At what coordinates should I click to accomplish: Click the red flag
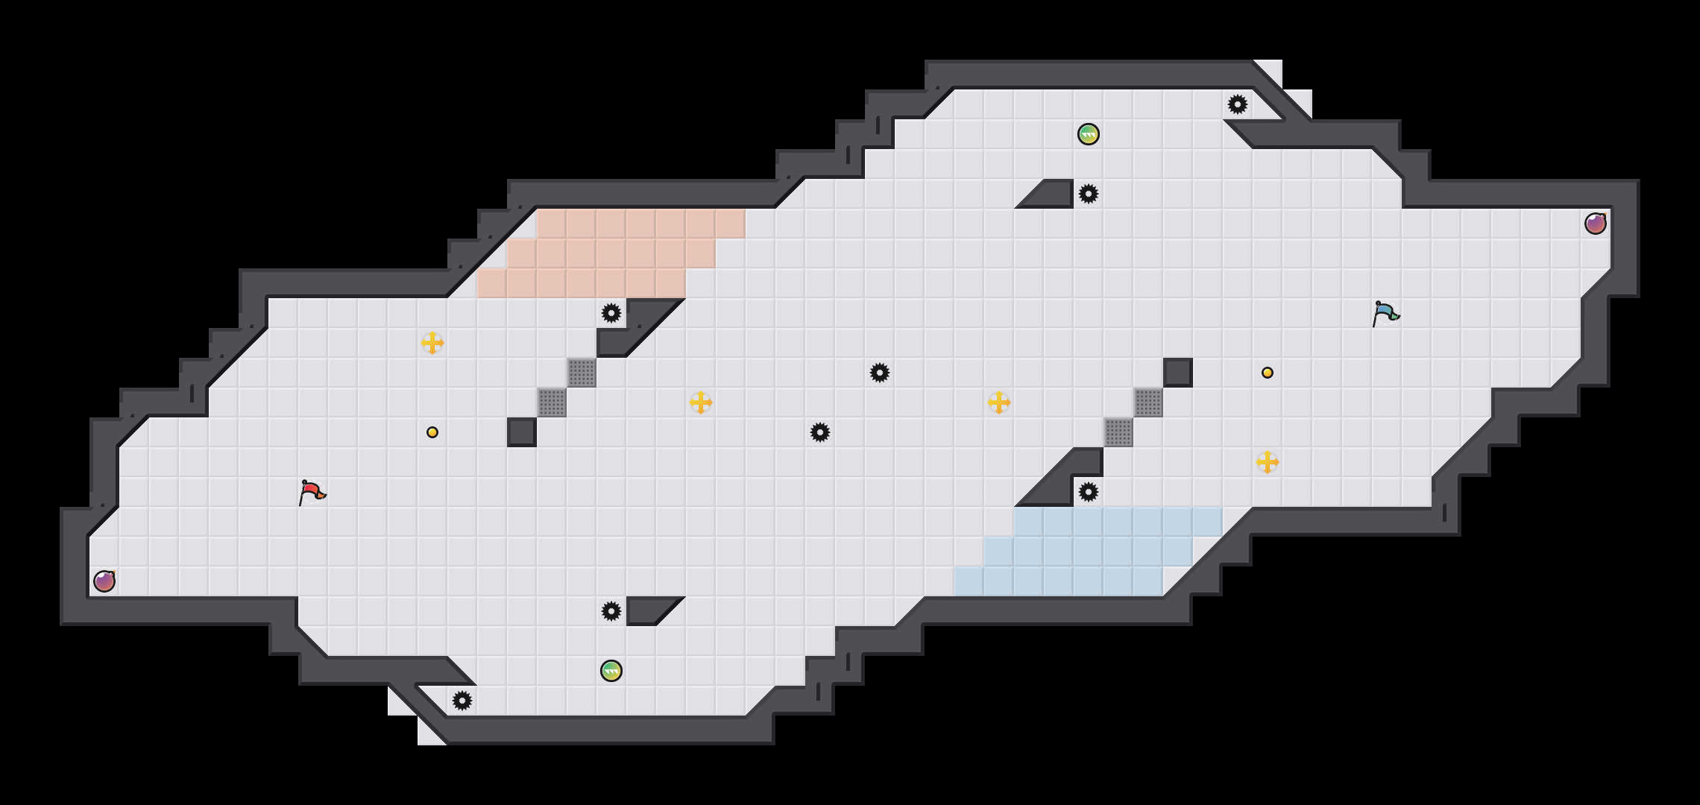tap(311, 492)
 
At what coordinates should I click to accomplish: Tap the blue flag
tap(1385, 313)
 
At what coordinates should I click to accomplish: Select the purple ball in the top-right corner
tap(1596, 224)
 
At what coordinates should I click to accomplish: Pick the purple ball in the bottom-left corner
tap(104, 581)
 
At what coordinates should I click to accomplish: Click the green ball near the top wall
tap(1089, 134)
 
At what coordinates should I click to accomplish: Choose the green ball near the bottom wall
tap(611, 671)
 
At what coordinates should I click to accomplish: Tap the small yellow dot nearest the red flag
tap(432, 432)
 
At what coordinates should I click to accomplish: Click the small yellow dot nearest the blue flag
tap(1268, 373)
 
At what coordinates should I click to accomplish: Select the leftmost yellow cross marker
tap(432, 343)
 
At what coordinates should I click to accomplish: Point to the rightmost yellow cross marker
tap(1268, 462)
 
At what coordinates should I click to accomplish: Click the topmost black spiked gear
tap(1238, 104)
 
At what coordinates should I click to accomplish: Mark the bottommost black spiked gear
tap(462, 701)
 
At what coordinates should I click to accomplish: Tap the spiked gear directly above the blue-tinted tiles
tap(1089, 492)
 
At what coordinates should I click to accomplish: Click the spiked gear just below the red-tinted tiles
tap(611, 313)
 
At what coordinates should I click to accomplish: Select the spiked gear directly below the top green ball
tap(1089, 194)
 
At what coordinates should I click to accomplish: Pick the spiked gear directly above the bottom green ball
tap(611, 611)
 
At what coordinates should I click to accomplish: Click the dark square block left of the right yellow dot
tap(1178, 373)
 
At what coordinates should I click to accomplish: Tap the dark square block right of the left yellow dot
tap(522, 432)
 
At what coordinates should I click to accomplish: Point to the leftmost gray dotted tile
tap(552, 402)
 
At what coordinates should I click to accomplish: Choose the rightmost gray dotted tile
tap(1148, 402)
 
